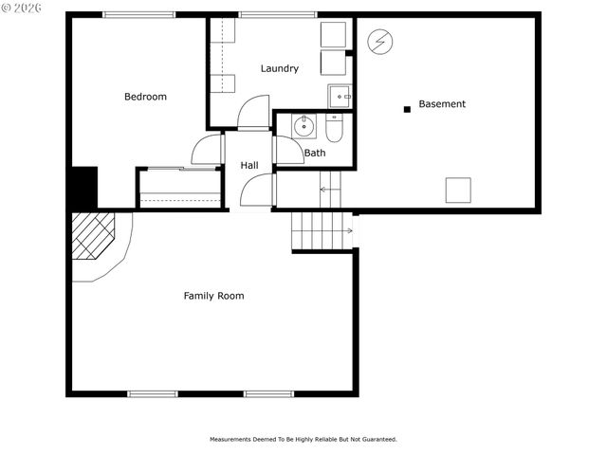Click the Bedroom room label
tap(145, 97)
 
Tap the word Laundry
tap(280, 68)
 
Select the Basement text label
tap(442, 104)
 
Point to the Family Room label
tap(213, 296)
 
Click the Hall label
tap(249, 166)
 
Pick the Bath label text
tap(315, 153)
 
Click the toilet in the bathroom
tap(334, 129)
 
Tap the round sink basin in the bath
tap(303, 126)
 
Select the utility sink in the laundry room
tap(340, 96)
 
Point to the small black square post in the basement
tap(407, 109)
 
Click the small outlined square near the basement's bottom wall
tap(458, 190)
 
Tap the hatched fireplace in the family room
tap(92, 235)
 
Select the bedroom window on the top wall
tap(138, 14)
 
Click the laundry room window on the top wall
tap(277, 14)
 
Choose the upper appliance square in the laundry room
tap(333, 34)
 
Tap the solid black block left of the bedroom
tap(83, 188)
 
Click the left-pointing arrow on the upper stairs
tap(324, 190)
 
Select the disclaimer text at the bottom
tap(303, 440)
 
